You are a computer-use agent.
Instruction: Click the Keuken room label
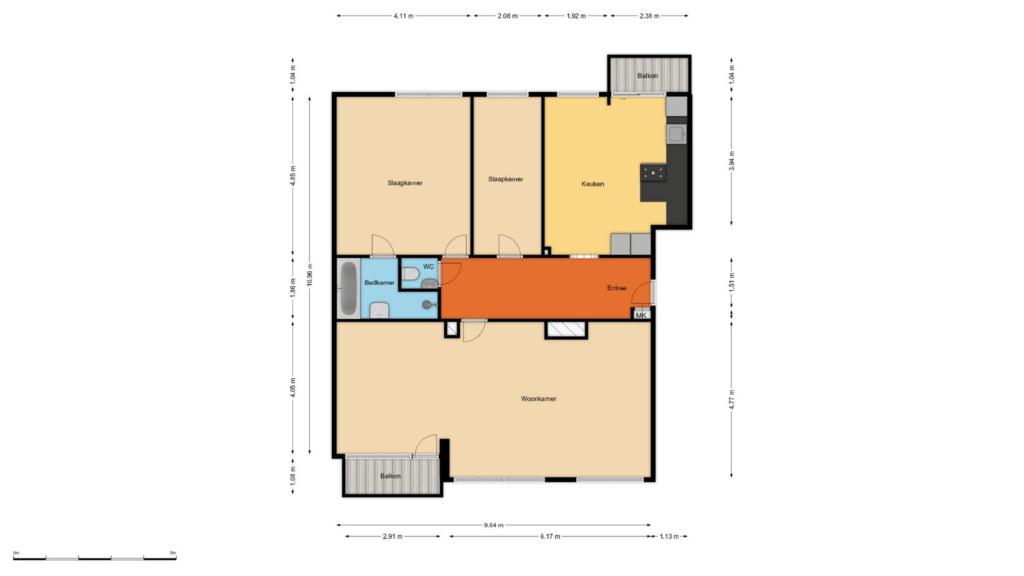click(593, 184)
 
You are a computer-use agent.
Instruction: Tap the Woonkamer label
click(539, 399)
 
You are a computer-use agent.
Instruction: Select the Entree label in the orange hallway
click(617, 288)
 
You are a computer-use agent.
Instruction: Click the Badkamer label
click(380, 283)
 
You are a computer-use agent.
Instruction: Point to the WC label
click(428, 267)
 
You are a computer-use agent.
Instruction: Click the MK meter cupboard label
click(641, 315)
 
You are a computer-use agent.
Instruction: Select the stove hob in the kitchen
click(653, 172)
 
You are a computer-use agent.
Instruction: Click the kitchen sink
click(676, 134)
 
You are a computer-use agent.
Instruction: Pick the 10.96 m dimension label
click(310, 275)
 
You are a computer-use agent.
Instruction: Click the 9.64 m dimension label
click(494, 525)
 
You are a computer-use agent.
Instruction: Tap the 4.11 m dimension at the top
click(404, 16)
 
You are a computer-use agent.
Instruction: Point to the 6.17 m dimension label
click(550, 537)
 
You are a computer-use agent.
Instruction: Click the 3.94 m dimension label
click(732, 161)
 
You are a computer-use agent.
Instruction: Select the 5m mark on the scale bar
click(173, 553)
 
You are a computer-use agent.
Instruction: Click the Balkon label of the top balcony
click(647, 76)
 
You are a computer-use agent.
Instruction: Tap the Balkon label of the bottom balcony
click(390, 476)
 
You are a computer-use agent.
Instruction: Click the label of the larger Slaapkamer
click(405, 183)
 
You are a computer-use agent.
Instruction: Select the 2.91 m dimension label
click(393, 537)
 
